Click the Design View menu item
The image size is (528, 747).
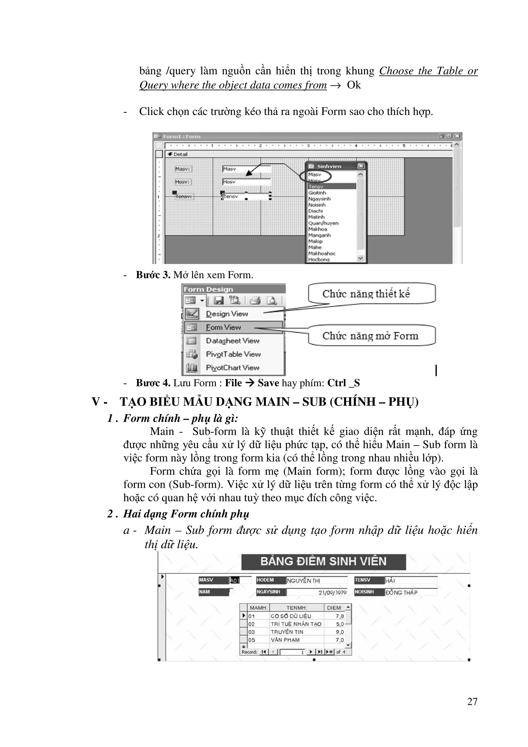(x=227, y=314)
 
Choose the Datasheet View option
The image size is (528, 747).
(x=232, y=341)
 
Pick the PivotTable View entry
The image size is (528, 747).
(x=233, y=354)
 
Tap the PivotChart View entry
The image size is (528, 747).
(x=232, y=368)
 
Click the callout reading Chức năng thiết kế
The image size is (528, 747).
(x=366, y=293)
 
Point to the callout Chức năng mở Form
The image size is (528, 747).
(x=370, y=336)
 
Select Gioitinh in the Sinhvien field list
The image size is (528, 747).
(x=317, y=193)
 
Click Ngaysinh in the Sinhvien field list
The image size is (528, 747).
(x=319, y=199)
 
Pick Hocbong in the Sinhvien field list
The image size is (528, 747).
(x=319, y=259)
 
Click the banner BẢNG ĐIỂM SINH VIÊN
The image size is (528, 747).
(x=323, y=562)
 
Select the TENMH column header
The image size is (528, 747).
(x=297, y=608)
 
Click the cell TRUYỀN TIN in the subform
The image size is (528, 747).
(x=287, y=632)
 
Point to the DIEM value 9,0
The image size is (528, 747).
(x=340, y=632)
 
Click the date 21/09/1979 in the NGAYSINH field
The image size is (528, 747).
(x=332, y=593)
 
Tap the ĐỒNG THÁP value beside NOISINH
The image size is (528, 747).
(x=401, y=593)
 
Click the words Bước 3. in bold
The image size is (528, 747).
(x=153, y=275)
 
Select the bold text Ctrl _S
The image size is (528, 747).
(x=344, y=383)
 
